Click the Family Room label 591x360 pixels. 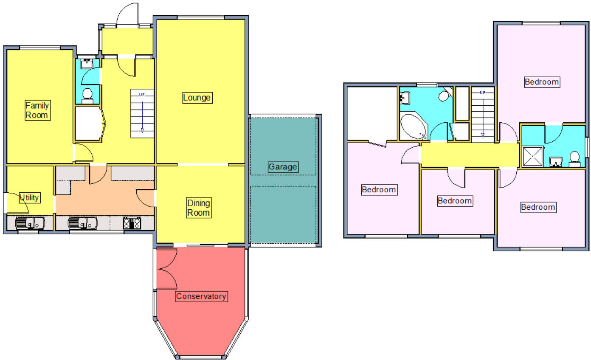37,110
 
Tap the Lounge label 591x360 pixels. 197,98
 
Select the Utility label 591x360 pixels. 29,197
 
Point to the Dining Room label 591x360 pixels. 199,208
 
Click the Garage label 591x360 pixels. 283,167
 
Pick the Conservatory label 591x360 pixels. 201,296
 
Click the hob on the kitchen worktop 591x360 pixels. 132,223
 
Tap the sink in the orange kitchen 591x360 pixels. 82,223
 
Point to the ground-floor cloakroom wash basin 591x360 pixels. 87,64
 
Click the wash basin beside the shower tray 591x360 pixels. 555,161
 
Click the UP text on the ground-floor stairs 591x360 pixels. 142,95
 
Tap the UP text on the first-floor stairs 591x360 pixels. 482,92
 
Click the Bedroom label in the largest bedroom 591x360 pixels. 541,82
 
